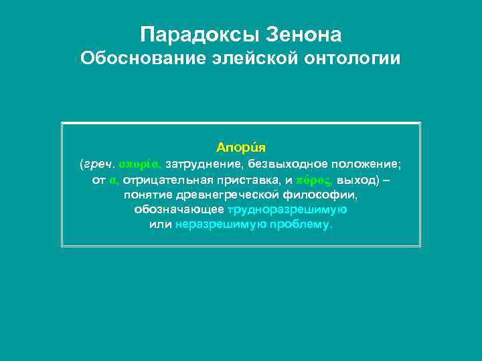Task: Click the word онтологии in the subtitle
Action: click(x=353, y=59)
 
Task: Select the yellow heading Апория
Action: click(x=241, y=146)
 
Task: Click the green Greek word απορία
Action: click(x=139, y=164)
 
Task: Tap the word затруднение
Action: click(x=204, y=164)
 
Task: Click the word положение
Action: click(x=365, y=164)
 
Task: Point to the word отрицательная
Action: click(x=165, y=180)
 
